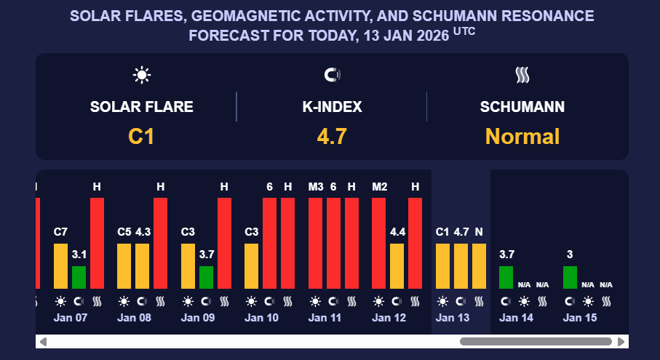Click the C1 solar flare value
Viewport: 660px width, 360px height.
(x=140, y=136)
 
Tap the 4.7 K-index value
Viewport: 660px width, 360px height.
(x=331, y=136)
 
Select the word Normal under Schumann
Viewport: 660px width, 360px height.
(x=522, y=136)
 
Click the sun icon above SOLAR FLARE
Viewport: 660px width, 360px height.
(x=140, y=74)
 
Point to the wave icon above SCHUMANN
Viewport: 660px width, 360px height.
(x=522, y=74)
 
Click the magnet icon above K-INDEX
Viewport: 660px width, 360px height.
(x=331, y=74)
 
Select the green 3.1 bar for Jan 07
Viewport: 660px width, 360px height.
(x=79, y=277)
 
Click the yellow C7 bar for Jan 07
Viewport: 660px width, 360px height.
(x=61, y=266)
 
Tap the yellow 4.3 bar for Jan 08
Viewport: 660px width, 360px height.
(x=143, y=266)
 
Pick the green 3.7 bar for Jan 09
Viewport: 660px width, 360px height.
(x=206, y=277)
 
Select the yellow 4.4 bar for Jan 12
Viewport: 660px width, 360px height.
(x=397, y=266)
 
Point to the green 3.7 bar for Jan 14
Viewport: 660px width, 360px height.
(x=506, y=277)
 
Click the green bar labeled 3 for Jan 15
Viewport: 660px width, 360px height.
(x=570, y=277)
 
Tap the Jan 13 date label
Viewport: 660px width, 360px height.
(x=452, y=318)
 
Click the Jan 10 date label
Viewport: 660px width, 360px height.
(x=261, y=318)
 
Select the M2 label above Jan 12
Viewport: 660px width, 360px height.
(x=379, y=187)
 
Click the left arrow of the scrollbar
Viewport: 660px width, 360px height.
(x=43, y=341)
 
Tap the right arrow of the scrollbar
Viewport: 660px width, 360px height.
(x=621, y=341)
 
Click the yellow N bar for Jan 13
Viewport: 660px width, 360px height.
(x=479, y=266)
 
